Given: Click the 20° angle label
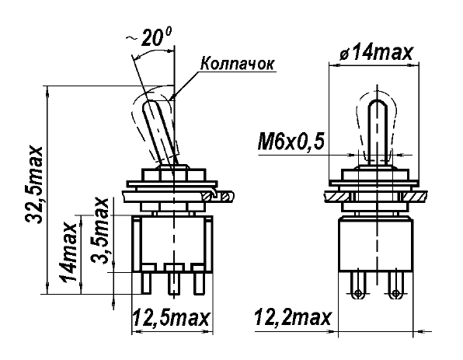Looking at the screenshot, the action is pyautogui.click(x=156, y=37).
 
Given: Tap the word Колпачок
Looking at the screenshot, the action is pyautogui.click(x=238, y=64).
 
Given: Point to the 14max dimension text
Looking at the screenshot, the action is pyautogui.click(x=68, y=252).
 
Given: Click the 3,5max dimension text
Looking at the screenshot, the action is pyautogui.click(x=99, y=231).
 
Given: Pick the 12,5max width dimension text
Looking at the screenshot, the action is pyautogui.click(x=171, y=318).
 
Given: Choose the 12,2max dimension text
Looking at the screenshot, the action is pyautogui.click(x=292, y=318).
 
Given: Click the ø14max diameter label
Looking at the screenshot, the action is pyautogui.click(x=375, y=53).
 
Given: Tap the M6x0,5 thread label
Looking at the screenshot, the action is pyautogui.click(x=291, y=142).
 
